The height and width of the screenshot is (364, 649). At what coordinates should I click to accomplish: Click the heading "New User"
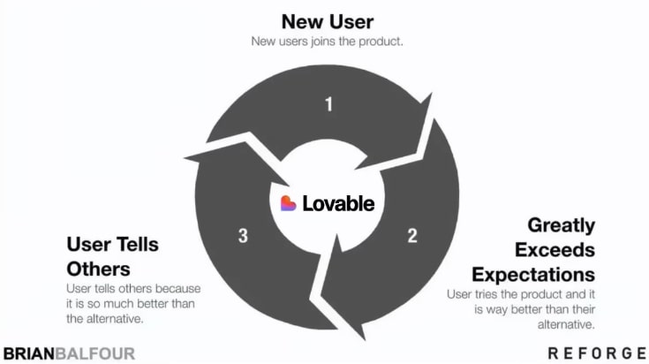tap(328, 21)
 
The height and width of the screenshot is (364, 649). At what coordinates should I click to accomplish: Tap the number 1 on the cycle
tap(328, 104)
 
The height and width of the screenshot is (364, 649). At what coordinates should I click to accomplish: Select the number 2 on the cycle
tap(412, 236)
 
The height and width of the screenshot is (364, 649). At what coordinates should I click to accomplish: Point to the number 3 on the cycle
tap(243, 236)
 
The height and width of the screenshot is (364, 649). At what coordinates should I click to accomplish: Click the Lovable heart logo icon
tap(289, 203)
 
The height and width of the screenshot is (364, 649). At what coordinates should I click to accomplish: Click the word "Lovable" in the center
tap(338, 203)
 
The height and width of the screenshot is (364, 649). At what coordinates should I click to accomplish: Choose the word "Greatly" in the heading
tap(562, 226)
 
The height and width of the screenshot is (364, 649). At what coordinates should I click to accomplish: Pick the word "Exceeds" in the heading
tap(555, 250)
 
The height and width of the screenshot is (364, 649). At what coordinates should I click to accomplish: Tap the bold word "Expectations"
tap(533, 275)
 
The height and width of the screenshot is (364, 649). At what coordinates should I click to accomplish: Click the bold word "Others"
tap(99, 269)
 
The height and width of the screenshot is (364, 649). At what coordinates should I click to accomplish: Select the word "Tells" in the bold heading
tap(137, 245)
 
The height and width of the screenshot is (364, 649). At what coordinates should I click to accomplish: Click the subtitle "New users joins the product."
tap(327, 42)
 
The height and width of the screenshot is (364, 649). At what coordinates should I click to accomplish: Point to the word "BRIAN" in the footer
tap(29, 354)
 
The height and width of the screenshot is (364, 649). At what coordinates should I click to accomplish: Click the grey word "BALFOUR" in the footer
tap(95, 354)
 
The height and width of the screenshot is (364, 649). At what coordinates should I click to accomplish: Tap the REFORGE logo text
tap(597, 353)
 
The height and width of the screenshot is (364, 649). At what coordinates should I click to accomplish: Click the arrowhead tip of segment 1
tap(432, 94)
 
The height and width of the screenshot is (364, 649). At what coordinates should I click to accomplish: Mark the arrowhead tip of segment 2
tap(364, 339)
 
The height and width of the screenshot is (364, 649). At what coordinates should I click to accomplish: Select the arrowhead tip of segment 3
tap(185, 157)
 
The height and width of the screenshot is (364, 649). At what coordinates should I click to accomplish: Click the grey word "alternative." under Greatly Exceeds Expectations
tap(566, 324)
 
